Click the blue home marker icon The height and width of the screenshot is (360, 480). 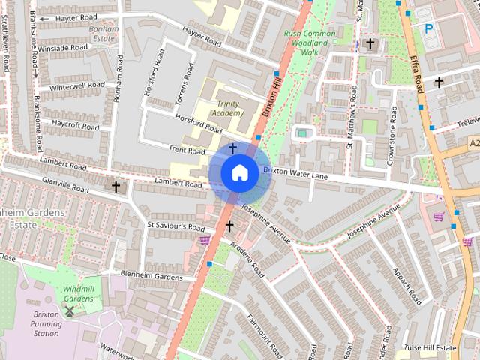click(x=239, y=173)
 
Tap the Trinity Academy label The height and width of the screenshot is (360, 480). click(x=228, y=108)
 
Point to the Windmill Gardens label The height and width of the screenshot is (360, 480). click(x=79, y=293)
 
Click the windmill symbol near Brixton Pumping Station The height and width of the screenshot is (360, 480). click(x=70, y=310)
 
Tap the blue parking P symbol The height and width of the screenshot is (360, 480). click(x=429, y=28)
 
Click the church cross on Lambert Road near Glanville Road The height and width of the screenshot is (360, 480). click(x=115, y=187)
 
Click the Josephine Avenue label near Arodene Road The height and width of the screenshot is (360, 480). click(x=265, y=225)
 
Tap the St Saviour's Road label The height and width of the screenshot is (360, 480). click(x=175, y=226)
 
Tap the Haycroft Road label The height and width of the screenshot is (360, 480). click(x=75, y=124)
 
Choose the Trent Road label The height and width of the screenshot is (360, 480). click(x=187, y=151)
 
